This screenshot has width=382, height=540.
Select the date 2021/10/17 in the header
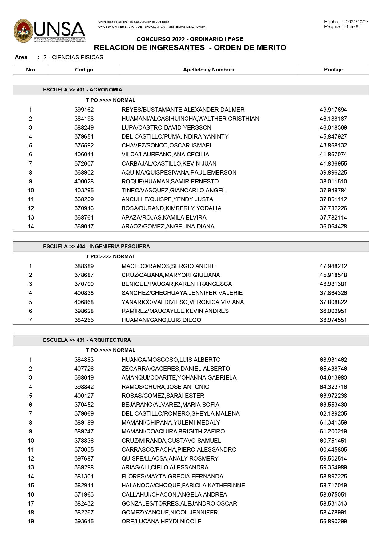click(x=357, y=22)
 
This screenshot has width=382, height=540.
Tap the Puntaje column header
click(x=333, y=70)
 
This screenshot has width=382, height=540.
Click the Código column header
click(x=84, y=70)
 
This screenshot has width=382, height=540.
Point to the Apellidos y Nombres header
click(x=208, y=70)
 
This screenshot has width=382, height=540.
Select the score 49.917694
click(x=333, y=110)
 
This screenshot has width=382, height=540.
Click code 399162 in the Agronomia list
click(x=84, y=110)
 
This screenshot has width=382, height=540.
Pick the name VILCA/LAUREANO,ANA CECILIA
click(x=165, y=155)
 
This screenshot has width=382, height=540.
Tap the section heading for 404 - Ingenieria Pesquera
click(x=96, y=246)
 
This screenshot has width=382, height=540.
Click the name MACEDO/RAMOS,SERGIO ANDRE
click(x=168, y=266)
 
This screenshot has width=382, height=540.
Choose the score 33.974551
click(x=333, y=320)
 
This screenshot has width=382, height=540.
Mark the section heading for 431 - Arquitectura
click(x=87, y=340)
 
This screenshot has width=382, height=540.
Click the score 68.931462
click(x=333, y=360)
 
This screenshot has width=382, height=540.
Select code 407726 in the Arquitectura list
click(x=84, y=369)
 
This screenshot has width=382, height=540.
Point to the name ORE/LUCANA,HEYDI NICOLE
click(x=161, y=522)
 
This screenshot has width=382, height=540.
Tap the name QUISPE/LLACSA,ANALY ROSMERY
click(x=170, y=459)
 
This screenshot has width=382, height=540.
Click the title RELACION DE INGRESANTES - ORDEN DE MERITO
click(x=190, y=48)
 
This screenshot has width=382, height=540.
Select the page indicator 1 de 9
click(x=352, y=27)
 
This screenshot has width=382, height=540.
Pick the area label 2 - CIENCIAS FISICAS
click(x=73, y=58)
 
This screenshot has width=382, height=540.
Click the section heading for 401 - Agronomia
click(x=82, y=90)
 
